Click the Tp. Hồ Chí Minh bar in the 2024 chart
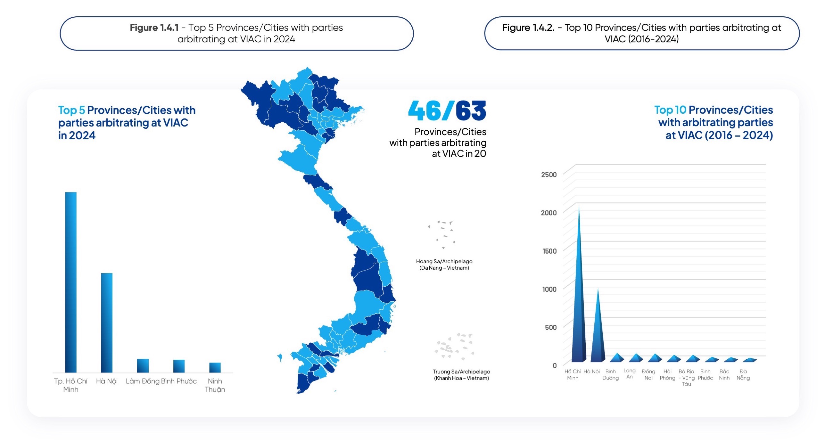(71, 282)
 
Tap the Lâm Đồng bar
(143, 365)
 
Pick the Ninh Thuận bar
(215, 367)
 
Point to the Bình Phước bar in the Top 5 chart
(179, 366)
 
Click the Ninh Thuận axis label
(215, 385)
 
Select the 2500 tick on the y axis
(549, 175)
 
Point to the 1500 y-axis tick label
(549, 251)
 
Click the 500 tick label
(550, 327)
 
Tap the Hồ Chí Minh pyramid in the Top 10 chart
(579, 304)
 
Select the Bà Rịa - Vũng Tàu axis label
(686, 378)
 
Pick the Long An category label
(629, 373)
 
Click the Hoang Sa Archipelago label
(444, 265)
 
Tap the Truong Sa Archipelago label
(461, 375)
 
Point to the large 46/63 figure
(447, 111)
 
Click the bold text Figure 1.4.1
(154, 28)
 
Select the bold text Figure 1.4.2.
(528, 28)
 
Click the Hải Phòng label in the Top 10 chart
(667, 374)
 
